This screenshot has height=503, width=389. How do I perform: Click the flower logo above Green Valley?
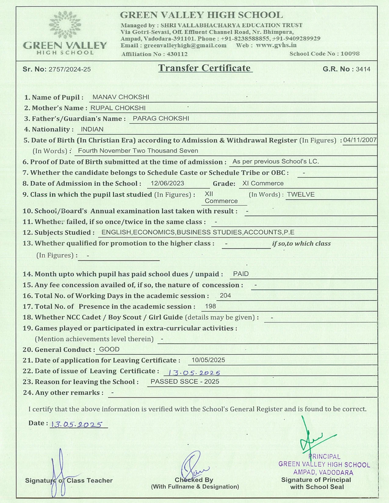[x=65, y=25]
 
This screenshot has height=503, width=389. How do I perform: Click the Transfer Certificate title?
[x=204, y=68]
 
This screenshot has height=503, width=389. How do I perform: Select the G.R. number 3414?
[x=363, y=69]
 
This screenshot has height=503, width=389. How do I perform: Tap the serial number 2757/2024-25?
[x=70, y=70]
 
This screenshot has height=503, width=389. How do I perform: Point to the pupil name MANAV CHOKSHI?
[x=121, y=97]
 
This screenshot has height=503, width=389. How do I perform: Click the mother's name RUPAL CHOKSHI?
[x=118, y=108]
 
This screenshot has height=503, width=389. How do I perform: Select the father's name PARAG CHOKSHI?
[x=161, y=119]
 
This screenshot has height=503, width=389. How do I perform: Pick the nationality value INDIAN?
[x=92, y=129]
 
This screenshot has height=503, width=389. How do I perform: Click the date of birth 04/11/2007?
[x=360, y=140]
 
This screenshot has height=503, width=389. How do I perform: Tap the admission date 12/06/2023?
[x=167, y=183]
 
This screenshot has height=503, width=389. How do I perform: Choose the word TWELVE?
[x=301, y=194]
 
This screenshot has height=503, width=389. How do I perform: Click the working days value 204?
[x=225, y=295]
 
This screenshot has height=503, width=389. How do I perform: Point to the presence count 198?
[x=211, y=306]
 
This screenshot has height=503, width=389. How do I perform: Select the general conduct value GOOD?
[x=109, y=349]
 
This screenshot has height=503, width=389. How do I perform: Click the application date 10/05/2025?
[x=208, y=360]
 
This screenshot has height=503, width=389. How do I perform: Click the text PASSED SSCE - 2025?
[x=185, y=382]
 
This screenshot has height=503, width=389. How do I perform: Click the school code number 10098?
[x=350, y=54]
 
